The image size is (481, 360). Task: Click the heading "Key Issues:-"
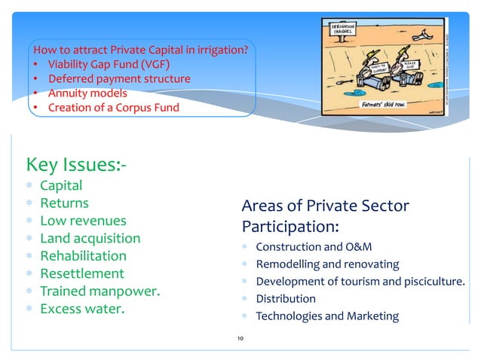click(75, 163)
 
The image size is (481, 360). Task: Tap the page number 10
click(240, 340)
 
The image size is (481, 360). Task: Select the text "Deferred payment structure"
click(119, 78)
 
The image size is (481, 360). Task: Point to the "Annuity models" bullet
click(87, 93)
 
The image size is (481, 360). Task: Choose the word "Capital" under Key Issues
click(61, 185)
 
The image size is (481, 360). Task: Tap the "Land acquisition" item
click(90, 238)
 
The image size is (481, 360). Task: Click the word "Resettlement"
click(81, 273)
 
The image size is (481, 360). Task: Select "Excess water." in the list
click(81, 308)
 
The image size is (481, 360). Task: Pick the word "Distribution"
click(286, 298)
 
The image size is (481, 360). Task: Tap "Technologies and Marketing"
click(327, 316)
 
